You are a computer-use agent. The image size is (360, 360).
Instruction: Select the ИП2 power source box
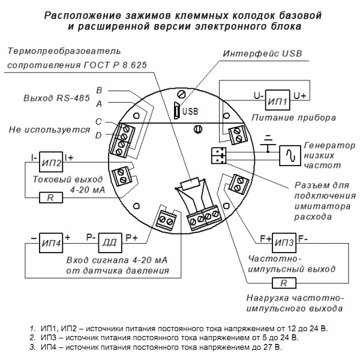point(51,162)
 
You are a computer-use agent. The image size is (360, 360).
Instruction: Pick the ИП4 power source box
point(51,242)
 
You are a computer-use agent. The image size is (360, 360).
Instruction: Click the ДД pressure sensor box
point(110,242)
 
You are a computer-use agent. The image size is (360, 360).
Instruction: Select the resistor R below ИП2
point(51,197)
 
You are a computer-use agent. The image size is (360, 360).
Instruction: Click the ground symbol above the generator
point(271,139)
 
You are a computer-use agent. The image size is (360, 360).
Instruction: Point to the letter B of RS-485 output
point(100,89)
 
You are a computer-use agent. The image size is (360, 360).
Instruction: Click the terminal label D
point(98,136)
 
